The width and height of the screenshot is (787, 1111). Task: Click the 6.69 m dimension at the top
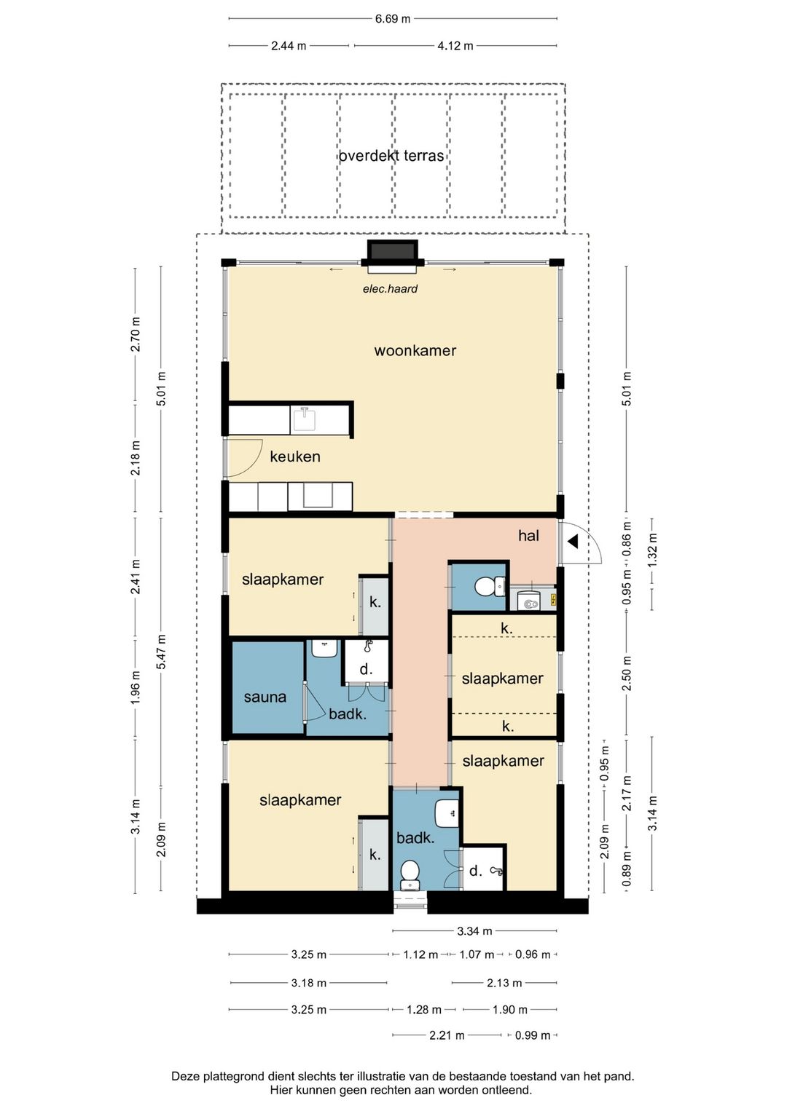392,19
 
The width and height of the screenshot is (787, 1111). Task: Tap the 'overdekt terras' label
391,156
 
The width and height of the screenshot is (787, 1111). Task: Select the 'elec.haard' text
390,288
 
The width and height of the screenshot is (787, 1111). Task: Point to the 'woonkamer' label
415,351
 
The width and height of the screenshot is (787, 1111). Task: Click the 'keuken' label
295,456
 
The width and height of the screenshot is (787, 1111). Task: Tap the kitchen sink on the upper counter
304,419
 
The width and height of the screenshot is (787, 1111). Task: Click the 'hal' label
528,536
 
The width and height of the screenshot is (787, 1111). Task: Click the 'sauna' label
265,697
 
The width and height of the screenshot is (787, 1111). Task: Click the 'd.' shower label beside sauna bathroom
366,670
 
